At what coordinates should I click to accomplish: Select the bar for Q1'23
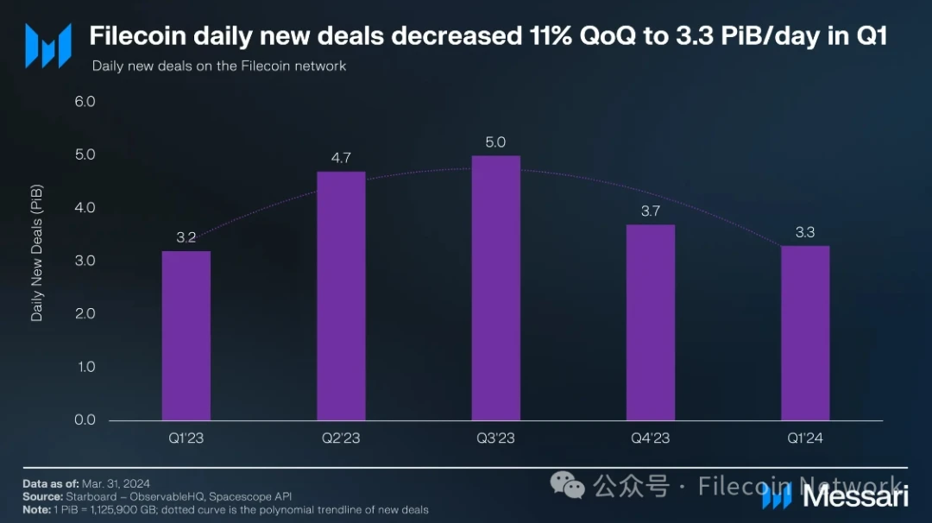tap(186, 336)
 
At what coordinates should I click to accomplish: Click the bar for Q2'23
tap(341, 296)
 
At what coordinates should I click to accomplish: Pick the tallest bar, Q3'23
tap(495, 288)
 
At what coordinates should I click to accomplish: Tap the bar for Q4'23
tap(651, 323)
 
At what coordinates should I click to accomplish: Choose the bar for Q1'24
tap(805, 333)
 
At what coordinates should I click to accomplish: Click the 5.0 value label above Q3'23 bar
tap(495, 142)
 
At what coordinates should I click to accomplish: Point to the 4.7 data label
tap(341, 158)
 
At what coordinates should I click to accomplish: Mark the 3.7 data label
tap(651, 211)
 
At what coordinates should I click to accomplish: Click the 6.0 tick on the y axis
tap(85, 102)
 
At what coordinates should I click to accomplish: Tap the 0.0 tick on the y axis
tap(85, 420)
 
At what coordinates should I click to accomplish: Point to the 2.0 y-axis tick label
tap(85, 314)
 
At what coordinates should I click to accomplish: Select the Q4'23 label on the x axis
tap(651, 438)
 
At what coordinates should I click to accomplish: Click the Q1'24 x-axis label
tap(805, 438)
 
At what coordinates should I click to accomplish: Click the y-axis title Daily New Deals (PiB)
tap(37, 253)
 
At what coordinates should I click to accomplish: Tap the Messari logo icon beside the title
tap(47, 46)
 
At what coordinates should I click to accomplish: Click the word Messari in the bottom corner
tap(855, 496)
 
